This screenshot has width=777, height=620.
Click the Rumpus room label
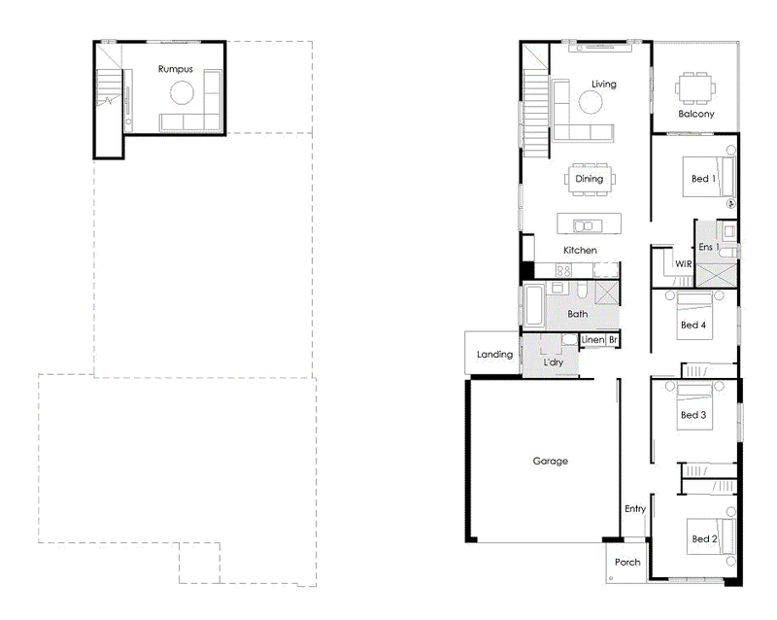[x=176, y=69]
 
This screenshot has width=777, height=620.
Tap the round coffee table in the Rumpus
[x=182, y=92]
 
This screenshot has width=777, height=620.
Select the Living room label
[x=604, y=85]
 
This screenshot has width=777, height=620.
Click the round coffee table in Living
[x=591, y=103]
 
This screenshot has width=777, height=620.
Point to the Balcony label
[x=696, y=114]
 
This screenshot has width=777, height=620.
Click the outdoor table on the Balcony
[x=695, y=88]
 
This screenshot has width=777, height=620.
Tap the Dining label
[x=590, y=179]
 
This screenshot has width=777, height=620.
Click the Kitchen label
[x=580, y=250]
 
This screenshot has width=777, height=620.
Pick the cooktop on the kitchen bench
[x=563, y=271]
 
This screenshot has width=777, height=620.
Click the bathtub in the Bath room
[x=533, y=304]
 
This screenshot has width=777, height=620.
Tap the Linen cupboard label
[x=592, y=340]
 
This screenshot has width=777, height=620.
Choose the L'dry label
[x=554, y=362]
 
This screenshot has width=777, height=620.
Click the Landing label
[x=494, y=354]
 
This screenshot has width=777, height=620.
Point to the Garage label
[x=551, y=461]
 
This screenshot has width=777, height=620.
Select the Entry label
[x=635, y=509]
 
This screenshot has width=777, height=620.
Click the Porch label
[x=627, y=562]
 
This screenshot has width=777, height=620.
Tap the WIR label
[x=684, y=264]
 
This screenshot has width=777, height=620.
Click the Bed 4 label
[x=693, y=325]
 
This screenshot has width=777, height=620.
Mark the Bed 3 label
[x=693, y=415]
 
